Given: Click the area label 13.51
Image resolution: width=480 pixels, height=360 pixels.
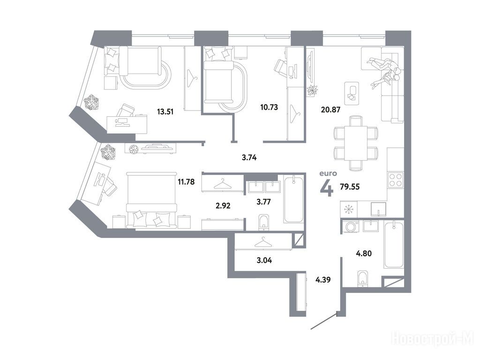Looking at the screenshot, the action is [165, 112].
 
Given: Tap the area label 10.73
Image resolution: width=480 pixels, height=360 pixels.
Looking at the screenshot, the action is [269, 107].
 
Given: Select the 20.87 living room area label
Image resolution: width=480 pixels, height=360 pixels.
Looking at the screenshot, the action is [330, 109].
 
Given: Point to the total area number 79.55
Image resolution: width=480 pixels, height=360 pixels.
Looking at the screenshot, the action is [350, 187].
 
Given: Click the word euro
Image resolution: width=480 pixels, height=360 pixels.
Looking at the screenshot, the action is [328, 173].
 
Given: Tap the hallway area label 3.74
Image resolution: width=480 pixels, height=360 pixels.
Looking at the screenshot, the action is [249, 157].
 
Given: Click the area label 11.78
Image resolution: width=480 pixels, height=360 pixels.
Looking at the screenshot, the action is [186, 182].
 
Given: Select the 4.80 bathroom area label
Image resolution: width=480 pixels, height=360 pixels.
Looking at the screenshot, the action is [364, 253].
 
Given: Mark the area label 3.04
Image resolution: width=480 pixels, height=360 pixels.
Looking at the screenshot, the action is [264, 261].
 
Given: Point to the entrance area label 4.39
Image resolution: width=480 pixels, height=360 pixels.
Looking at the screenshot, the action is [323, 279].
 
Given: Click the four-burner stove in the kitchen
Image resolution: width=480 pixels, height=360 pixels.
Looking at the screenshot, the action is [395, 180].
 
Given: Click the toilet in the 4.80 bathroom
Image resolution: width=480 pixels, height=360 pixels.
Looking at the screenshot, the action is [363, 278].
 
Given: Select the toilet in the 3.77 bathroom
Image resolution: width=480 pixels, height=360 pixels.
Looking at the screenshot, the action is [263, 222].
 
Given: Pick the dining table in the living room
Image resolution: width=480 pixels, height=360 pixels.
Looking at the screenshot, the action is [355, 143].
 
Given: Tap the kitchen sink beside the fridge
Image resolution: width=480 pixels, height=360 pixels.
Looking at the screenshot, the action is [379, 210].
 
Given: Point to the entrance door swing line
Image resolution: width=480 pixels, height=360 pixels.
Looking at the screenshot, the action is [324, 321].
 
